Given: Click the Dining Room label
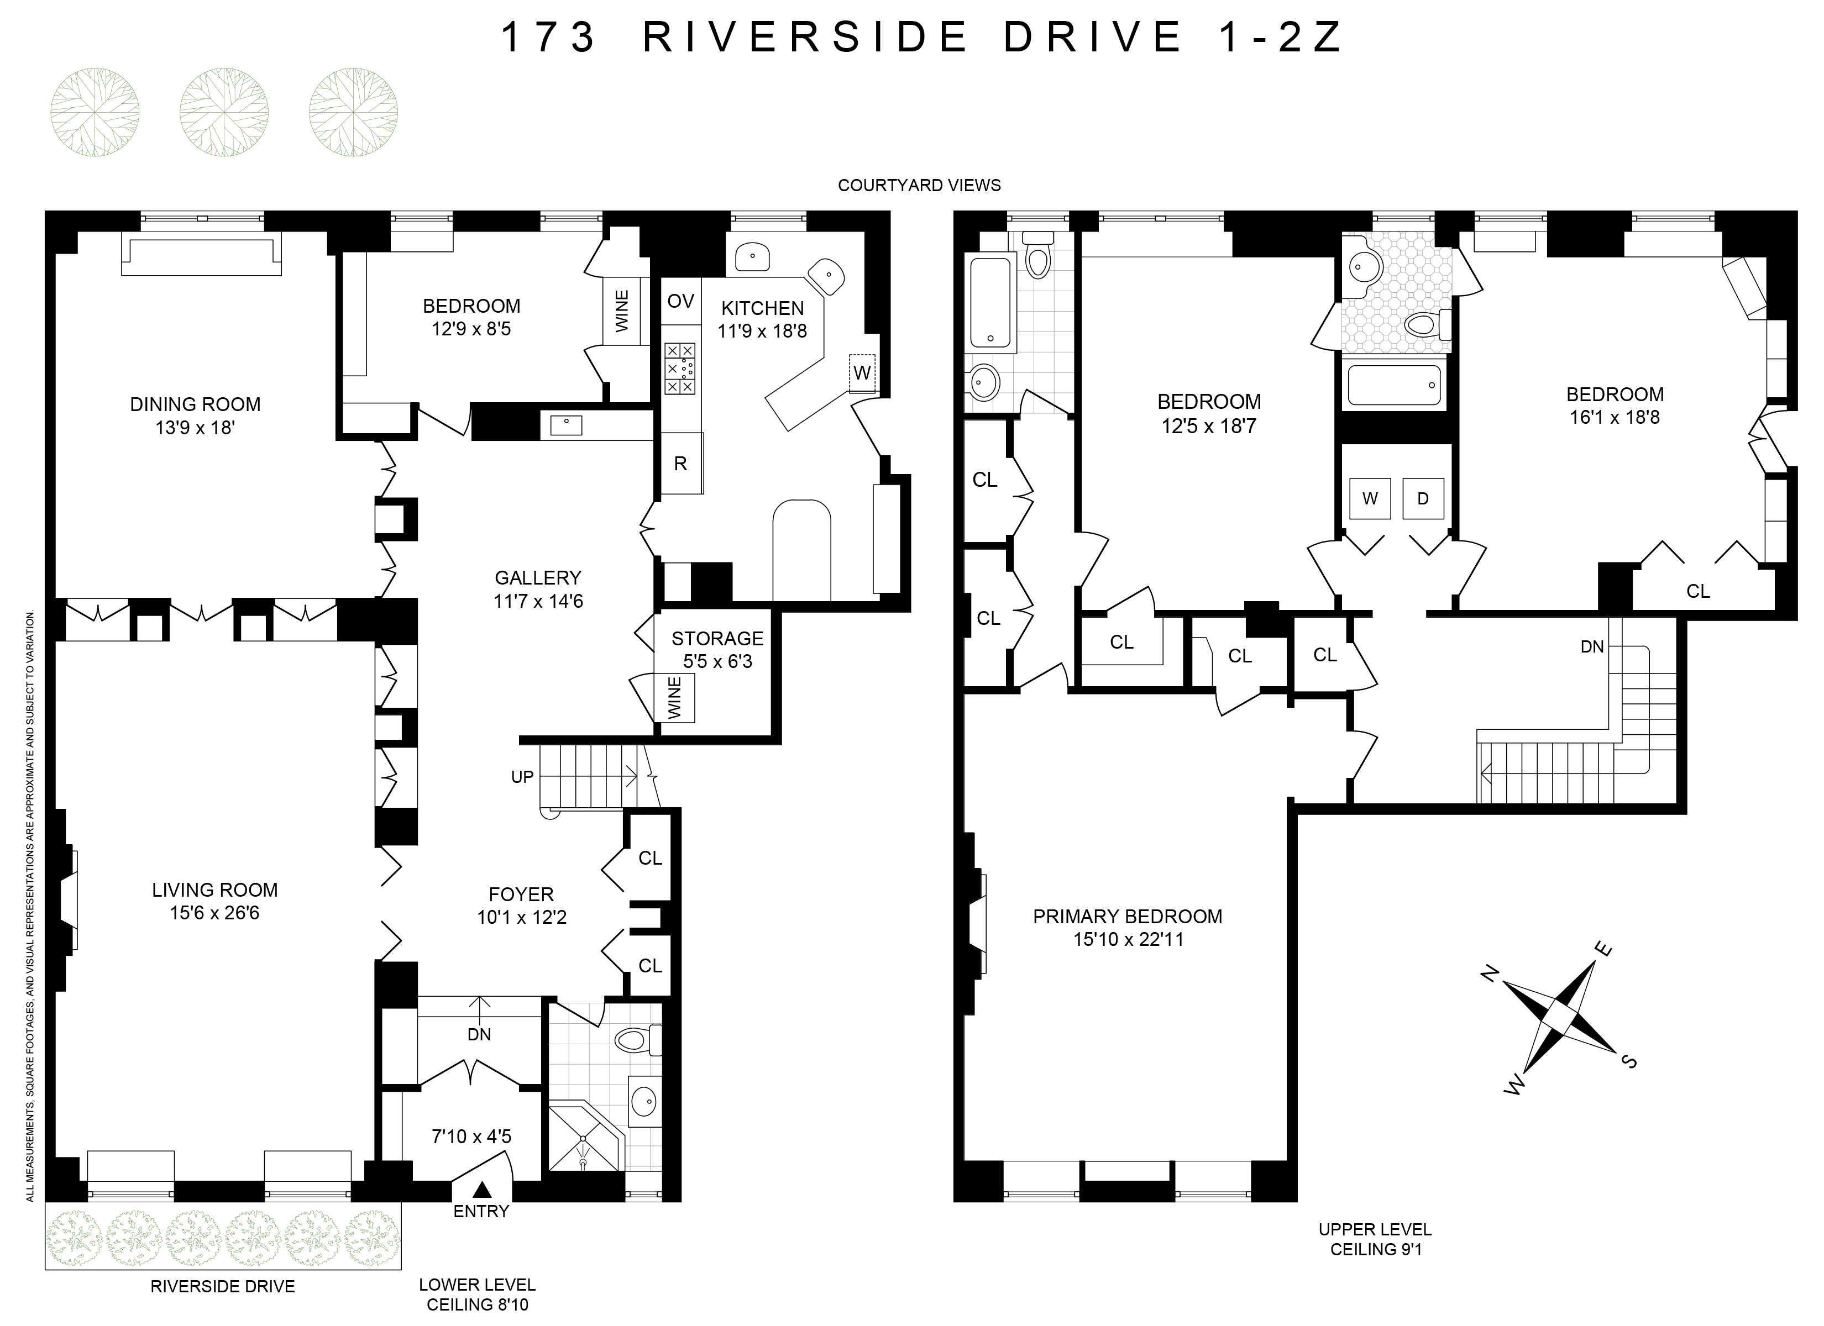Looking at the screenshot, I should (196, 404).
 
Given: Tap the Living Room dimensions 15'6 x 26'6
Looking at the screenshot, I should (214, 913).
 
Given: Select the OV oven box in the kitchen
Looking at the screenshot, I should (680, 302).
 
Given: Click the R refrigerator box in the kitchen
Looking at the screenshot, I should (680, 464).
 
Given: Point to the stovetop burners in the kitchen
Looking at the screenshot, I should (679, 369).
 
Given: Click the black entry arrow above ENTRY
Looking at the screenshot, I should (481, 1188).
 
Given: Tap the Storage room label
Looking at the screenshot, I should (717, 639).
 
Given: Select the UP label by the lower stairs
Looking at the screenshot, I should (523, 777).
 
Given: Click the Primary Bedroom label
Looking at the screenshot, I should (1128, 916).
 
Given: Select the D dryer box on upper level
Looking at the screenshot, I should (1423, 498).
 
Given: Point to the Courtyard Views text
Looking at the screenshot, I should (919, 185).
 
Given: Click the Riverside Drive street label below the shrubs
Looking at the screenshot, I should (223, 1287).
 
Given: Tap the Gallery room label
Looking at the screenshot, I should (537, 577).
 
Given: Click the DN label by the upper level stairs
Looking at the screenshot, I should (1591, 646).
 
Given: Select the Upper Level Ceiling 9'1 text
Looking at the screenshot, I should (1375, 1239).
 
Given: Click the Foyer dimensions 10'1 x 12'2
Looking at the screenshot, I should (522, 917).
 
